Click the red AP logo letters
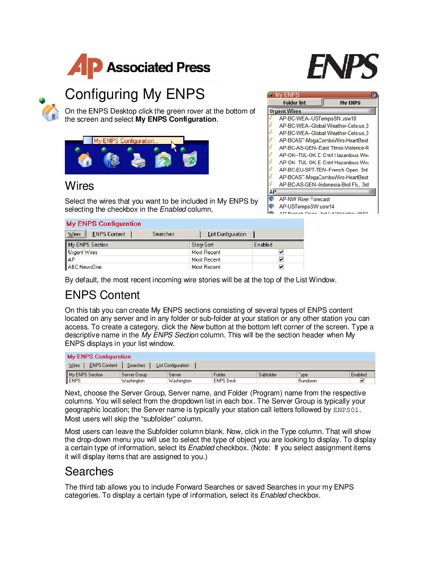pos(84,66)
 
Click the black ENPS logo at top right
pos(343,67)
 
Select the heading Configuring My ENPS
pos(135,94)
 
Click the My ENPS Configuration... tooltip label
pos(126,141)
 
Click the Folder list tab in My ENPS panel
pos(295,103)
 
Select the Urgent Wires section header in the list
pos(285,111)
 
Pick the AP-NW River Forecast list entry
pos(304,199)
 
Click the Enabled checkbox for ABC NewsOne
pos(281,267)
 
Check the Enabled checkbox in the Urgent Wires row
pos(281,252)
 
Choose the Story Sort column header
pos(203,245)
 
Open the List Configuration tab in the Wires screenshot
pos(227,234)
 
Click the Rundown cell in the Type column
pos(308,381)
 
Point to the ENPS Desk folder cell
pos(225,381)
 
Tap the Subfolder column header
pos(268,375)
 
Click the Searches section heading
pos(89,471)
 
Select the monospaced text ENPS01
pos(346,410)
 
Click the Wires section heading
pos(79,186)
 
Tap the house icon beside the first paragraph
pos(50,112)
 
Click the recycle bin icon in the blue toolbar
pos(190,159)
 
